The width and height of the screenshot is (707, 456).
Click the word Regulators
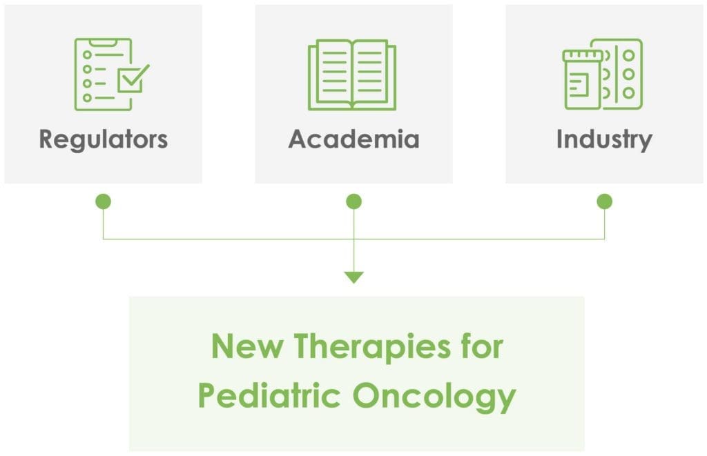[x=104, y=139]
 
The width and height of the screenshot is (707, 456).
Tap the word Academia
[x=353, y=139]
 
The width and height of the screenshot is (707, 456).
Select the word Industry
[x=603, y=139]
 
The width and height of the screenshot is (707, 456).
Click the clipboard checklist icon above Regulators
[x=110, y=75]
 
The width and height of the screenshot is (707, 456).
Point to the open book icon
[x=353, y=75]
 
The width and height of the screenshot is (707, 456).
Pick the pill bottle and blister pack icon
[x=603, y=75]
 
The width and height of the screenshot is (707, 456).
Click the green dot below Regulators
[x=103, y=201]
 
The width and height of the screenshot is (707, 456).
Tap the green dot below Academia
[x=353, y=201]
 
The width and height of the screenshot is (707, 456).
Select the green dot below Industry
[x=604, y=201]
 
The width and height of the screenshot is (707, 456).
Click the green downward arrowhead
[x=353, y=277]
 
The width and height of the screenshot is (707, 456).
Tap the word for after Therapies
[x=478, y=346]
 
